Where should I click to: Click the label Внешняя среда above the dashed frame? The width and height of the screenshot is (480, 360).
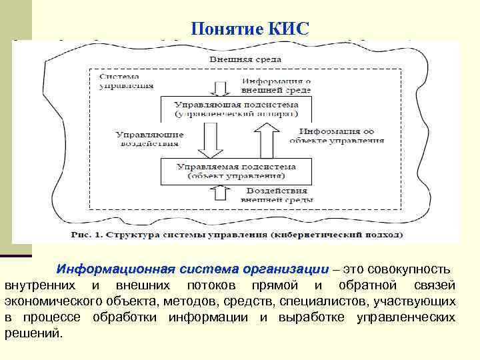(237, 59)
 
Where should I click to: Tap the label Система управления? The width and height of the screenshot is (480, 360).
(126, 81)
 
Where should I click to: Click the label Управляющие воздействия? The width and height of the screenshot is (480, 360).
(148, 138)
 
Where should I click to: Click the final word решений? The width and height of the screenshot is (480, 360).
(33, 333)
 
